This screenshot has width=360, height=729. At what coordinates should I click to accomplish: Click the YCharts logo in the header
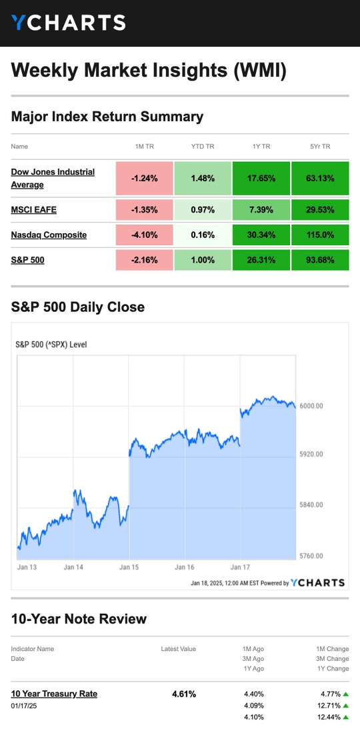pyautogui.click(x=69, y=22)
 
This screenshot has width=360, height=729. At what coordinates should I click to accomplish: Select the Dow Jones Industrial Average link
pyautogui.click(x=53, y=178)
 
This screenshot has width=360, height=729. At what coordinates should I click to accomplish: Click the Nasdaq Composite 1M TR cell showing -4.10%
pyautogui.click(x=144, y=235)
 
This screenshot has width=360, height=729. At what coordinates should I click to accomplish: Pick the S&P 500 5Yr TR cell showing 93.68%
pyautogui.click(x=320, y=260)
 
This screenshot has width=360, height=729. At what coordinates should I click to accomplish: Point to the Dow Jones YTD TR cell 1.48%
pyautogui.click(x=203, y=178)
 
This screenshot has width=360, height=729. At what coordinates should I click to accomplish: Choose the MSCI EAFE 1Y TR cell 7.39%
pyautogui.click(x=261, y=210)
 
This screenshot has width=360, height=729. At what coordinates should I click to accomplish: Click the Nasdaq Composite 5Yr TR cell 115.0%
pyautogui.click(x=320, y=235)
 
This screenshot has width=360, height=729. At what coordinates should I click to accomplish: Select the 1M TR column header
pyautogui.click(x=144, y=147)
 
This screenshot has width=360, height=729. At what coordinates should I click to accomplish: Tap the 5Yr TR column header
pyautogui.click(x=320, y=147)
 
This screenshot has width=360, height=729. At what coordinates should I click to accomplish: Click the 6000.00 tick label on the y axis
pyautogui.click(x=311, y=406)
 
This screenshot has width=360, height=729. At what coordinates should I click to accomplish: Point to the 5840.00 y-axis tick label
pyautogui.click(x=311, y=504)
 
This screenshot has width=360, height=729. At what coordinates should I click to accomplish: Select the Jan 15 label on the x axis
pyautogui.click(x=129, y=567)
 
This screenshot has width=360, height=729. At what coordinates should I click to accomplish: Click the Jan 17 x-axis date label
pyautogui.click(x=240, y=567)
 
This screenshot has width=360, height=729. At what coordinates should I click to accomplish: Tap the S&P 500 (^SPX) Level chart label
pyautogui.click(x=51, y=345)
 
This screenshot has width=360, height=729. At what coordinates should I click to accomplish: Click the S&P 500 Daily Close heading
pyautogui.click(x=78, y=307)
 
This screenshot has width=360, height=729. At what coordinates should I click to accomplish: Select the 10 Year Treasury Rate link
pyautogui.click(x=55, y=694)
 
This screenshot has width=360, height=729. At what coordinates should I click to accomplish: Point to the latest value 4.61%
pyautogui.click(x=184, y=694)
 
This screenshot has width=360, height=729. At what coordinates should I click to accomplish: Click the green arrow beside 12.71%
pyautogui.click(x=345, y=706)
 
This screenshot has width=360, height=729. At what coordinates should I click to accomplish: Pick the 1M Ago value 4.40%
pyautogui.click(x=254, y=694)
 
